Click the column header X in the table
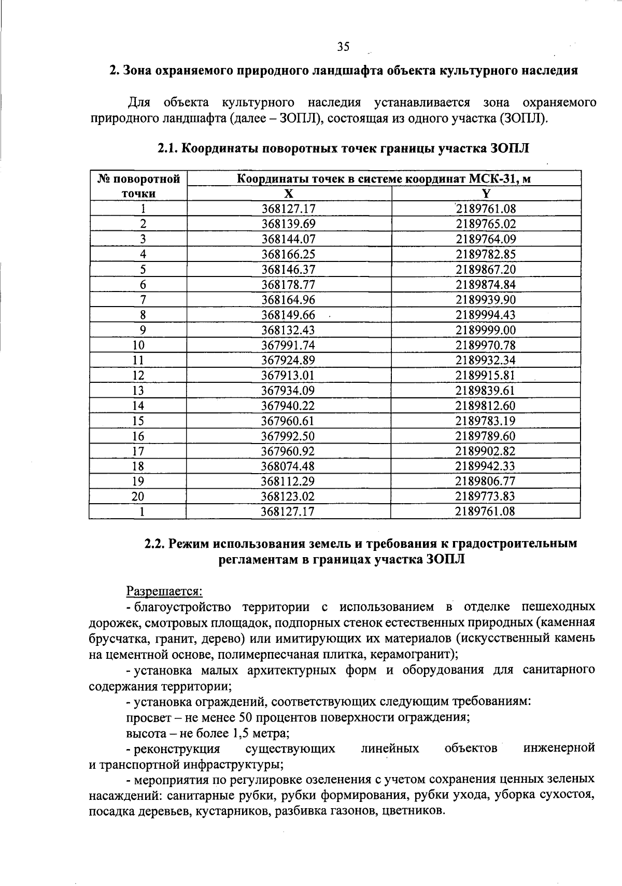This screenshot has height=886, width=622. pos(289,194)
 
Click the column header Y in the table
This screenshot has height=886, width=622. pos(486,194)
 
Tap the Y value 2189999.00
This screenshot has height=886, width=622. pos(486,330)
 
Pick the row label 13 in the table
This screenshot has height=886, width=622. pos(138,391)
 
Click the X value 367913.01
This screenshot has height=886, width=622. pos(289,376)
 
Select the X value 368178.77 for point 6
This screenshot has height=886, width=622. pos(289,285)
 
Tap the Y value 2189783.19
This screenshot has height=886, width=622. pos(486,421)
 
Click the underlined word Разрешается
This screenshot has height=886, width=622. pos(164,591)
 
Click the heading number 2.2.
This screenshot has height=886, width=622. pos(154,544)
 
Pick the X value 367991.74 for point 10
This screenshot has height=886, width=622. pos(289,345)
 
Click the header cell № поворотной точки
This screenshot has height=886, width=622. pos(138,186)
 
